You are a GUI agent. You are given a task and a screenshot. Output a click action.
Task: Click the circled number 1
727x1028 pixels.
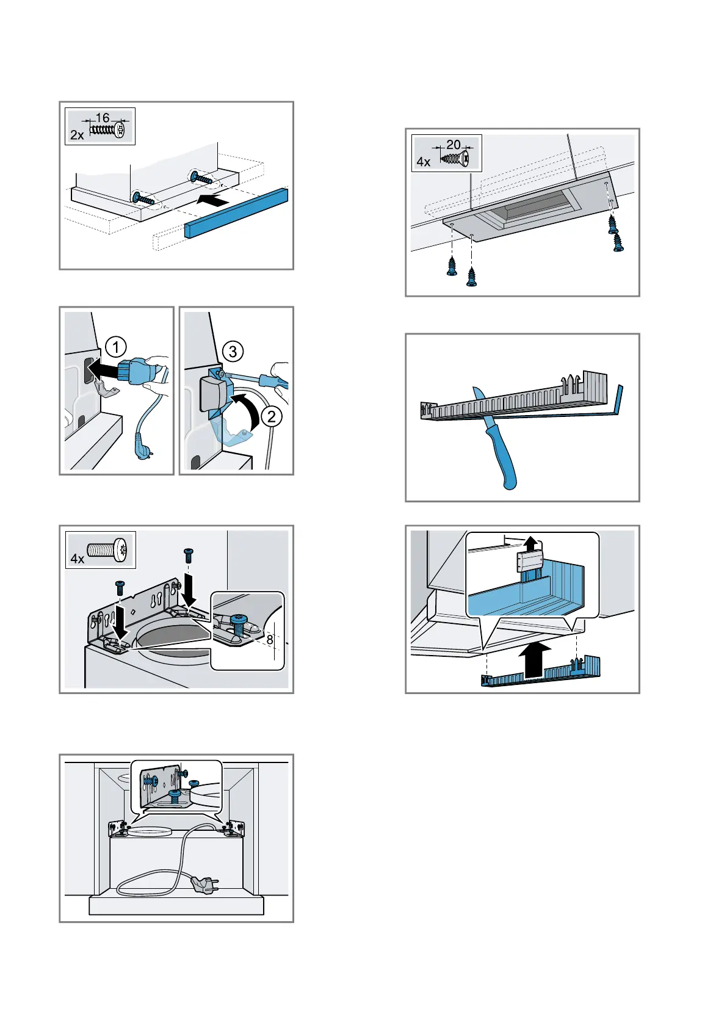115,348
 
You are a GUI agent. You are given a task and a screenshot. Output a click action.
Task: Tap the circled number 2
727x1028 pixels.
272,417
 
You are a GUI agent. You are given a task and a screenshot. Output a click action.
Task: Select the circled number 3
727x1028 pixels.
233,351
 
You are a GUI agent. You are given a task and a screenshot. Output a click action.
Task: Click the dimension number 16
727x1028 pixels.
103,117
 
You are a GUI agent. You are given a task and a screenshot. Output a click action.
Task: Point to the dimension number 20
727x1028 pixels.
453,145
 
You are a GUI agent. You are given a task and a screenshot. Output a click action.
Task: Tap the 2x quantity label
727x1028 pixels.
77,135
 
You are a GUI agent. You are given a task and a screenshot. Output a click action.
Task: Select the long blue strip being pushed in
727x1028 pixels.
236,213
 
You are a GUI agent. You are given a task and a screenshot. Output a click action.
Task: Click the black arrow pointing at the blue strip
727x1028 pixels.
213,200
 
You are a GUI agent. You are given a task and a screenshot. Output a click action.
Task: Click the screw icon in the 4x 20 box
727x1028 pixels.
455,159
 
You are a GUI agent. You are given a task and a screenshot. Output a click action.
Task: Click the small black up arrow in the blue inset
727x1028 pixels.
531,543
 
